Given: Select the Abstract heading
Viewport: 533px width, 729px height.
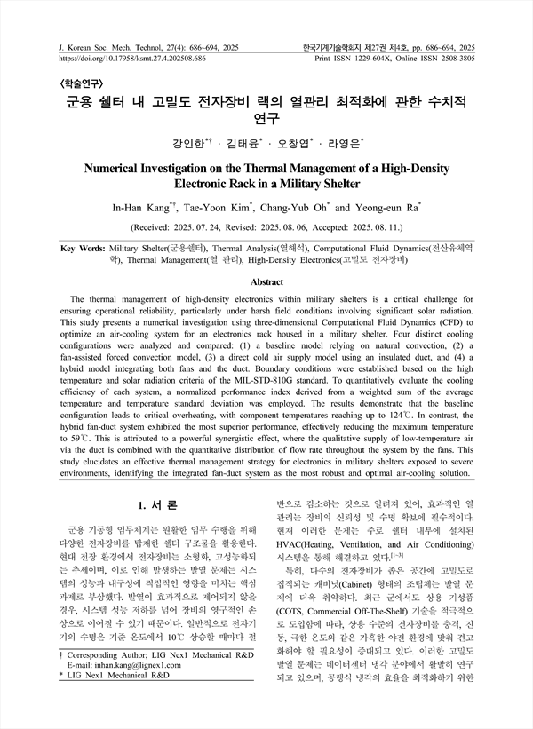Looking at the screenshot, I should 266,281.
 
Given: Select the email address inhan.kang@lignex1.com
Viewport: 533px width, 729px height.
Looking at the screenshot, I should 133,689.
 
